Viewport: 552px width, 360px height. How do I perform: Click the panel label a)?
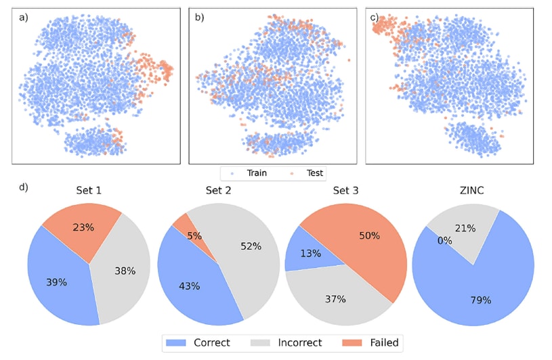(x=24, y=18)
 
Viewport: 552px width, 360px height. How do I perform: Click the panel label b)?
(x=199, y=18)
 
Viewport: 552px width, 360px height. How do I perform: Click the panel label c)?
(x=375, y=18)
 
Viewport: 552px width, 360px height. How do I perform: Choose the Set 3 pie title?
(x=345, y=190)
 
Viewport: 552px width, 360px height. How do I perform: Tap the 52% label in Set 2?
(x=251, y=246)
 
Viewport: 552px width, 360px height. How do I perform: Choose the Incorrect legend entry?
(x=287, y=343)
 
